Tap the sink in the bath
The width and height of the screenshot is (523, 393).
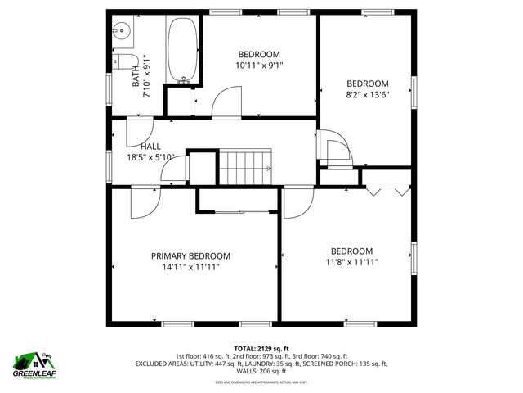pos(121,32)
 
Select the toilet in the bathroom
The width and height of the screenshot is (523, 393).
pos(123,61)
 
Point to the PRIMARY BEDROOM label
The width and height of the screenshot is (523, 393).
pos(190,255)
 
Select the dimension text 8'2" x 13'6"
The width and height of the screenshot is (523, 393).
pos(367,93)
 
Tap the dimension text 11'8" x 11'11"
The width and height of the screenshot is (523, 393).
pos(351,262)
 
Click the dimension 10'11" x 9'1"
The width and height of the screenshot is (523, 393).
pos(259,65)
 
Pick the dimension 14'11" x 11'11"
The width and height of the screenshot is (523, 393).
pos(190,266)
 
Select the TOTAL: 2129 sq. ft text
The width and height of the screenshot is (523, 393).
pos(261,348)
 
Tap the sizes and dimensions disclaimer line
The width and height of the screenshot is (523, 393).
pos(261,382)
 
